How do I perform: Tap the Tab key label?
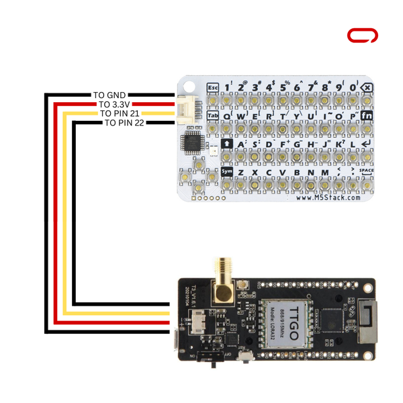[213, 116]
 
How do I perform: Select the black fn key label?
[367, 116]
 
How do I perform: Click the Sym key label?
[227, 171]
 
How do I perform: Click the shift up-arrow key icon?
[227, 144]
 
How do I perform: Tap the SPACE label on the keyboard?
[366, 171]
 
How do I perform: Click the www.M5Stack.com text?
[328, 197]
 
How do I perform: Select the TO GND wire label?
[109, 95]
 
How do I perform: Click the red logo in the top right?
[362, 36]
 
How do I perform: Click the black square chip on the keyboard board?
[195, 142]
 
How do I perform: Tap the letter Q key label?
[226, 116]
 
